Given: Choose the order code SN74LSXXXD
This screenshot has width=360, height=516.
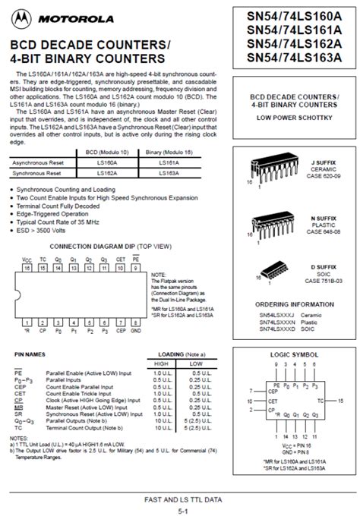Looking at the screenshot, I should click(276, 329).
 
